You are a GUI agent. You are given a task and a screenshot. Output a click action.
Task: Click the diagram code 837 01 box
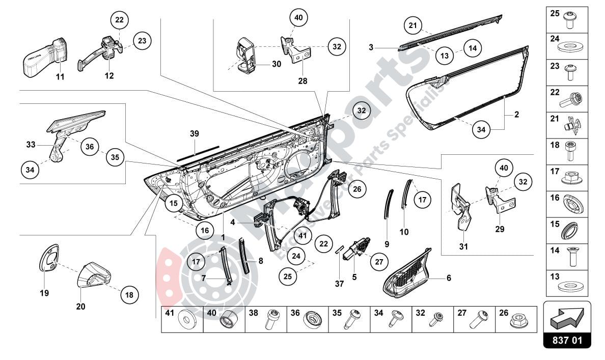(567, 340)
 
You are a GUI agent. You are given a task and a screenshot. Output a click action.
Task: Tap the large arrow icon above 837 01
(567, 317)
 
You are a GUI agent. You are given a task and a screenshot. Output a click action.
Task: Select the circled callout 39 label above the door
(194, 134)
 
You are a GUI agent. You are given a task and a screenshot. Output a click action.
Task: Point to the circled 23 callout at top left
(143, 40)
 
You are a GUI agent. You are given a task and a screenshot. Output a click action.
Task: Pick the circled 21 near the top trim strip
(414, 25)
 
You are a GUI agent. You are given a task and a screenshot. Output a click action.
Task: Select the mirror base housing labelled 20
(95, 275)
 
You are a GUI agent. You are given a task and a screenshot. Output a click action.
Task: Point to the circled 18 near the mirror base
(128, 294)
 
